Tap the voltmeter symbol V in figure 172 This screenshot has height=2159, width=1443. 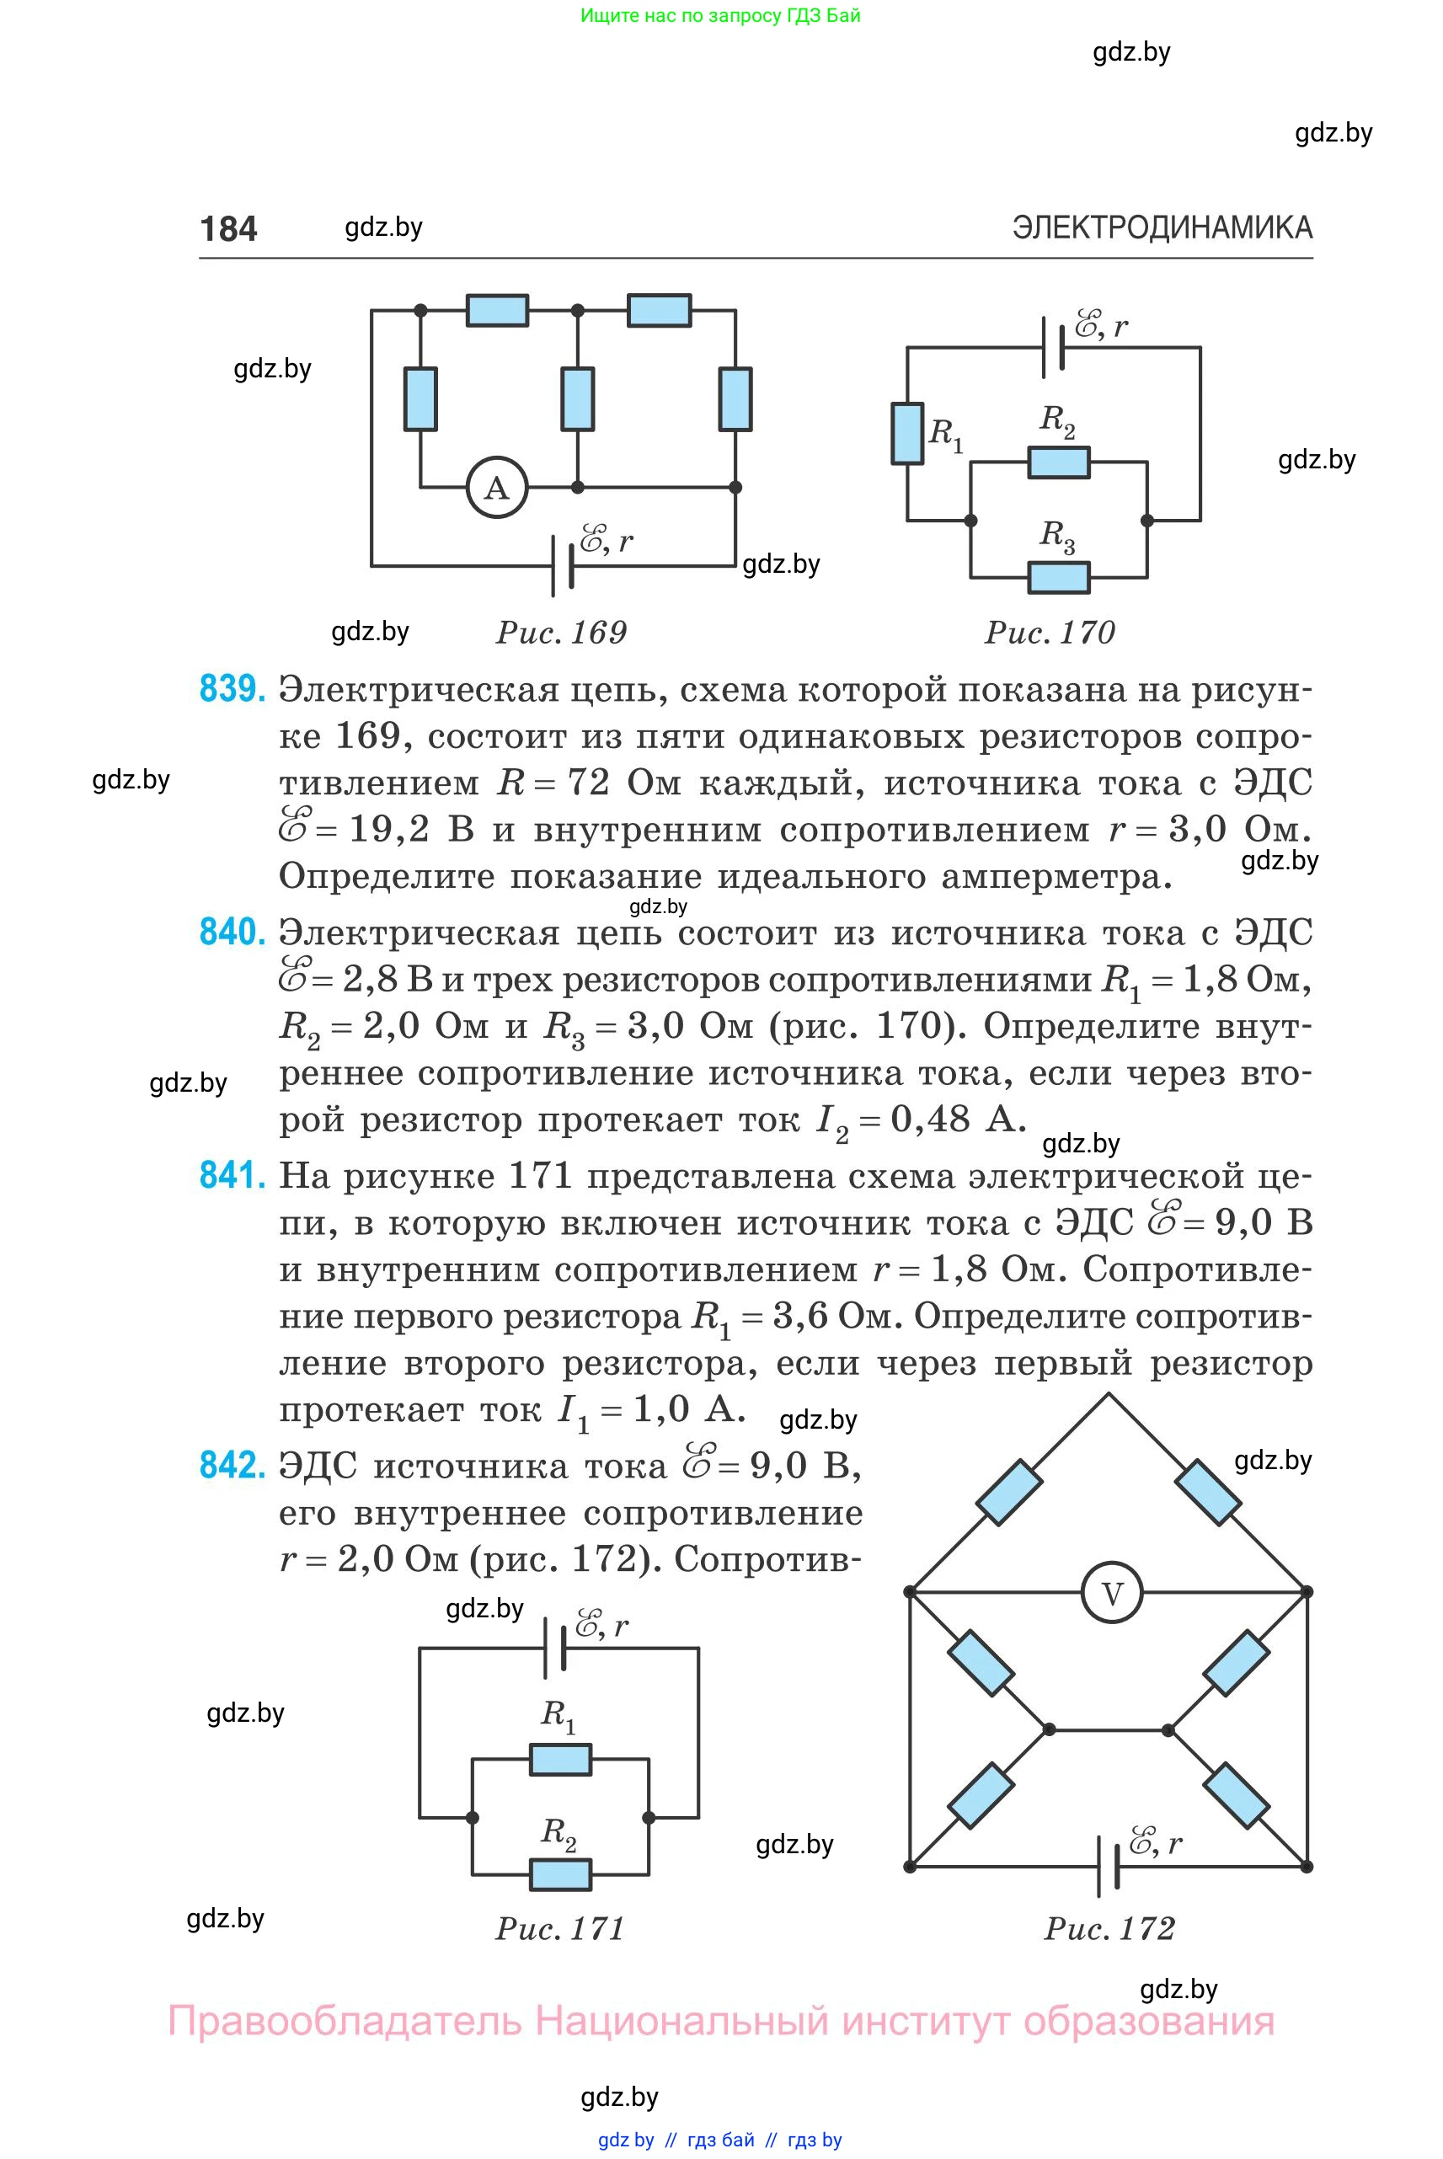1112,1593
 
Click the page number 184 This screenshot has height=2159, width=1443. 228,228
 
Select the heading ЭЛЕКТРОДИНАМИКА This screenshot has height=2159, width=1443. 1162,227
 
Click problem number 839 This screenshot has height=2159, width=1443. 232,688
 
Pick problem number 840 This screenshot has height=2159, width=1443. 232,933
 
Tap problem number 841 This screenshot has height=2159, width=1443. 232,1175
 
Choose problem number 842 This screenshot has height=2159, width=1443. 232,1464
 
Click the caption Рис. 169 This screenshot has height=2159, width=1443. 561,633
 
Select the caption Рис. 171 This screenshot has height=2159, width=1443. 560,1928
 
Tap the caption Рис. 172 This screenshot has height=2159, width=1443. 1110,1928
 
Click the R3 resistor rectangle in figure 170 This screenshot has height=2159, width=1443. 1059,577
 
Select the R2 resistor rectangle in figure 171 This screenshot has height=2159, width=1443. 560,1873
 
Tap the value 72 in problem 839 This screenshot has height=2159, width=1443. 589,783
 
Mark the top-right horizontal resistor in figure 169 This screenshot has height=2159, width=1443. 659,310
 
